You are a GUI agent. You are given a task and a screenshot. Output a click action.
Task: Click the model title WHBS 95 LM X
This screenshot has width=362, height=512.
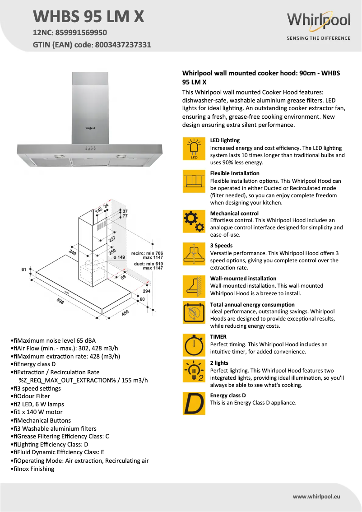[x=88, y=17]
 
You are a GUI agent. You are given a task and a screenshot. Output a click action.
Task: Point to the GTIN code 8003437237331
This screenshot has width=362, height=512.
[x=123, y=45]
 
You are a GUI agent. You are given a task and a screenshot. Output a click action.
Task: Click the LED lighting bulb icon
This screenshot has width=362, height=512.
[x=194, y=149]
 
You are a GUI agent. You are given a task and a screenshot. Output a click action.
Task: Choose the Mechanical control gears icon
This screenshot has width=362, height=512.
[x=194, y=221]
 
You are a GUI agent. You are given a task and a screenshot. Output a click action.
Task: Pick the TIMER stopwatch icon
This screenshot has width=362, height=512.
[x=194, y=345]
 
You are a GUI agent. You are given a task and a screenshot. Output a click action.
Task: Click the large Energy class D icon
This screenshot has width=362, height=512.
[x=194, y=404]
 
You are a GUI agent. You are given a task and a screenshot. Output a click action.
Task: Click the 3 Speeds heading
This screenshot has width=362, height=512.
[x=221, y=246]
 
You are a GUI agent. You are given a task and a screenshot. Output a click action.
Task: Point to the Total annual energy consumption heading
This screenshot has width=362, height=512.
[x=252, y=305]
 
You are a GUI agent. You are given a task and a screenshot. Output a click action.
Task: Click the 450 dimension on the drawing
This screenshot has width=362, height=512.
[x=125, y=312]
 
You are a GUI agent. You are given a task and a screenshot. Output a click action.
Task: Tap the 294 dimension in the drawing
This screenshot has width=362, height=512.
[x=147, y=292]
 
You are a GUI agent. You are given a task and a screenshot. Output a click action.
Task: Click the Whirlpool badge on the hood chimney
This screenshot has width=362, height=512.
[x=90, y=128]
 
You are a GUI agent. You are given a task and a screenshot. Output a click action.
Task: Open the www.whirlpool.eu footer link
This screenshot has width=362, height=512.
[x=316, y=496]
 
